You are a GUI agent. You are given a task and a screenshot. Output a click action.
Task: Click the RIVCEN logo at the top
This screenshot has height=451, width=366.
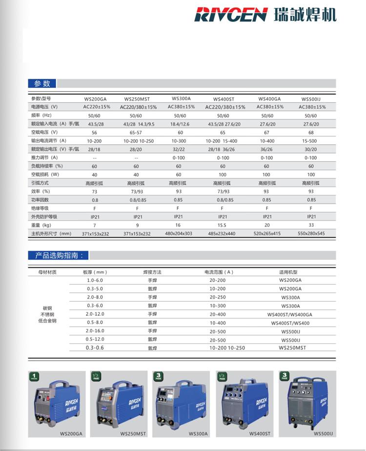230,14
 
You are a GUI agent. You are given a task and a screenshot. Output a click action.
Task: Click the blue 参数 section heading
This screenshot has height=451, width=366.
42,84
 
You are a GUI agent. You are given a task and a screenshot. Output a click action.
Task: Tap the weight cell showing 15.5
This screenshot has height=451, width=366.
223,225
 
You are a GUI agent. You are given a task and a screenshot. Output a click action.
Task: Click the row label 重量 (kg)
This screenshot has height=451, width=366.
41,225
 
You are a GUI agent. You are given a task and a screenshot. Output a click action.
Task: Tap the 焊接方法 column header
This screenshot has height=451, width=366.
152,272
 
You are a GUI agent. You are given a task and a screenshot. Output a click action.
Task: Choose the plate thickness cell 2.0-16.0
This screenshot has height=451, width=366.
95,331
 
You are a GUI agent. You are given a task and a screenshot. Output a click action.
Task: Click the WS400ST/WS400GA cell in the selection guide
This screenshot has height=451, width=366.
289,314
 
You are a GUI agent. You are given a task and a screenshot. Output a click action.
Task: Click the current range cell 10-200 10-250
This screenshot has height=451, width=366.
227,348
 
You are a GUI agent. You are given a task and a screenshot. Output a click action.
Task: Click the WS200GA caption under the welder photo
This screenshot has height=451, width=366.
71,433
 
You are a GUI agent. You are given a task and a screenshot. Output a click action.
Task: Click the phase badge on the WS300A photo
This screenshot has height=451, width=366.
158,376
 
